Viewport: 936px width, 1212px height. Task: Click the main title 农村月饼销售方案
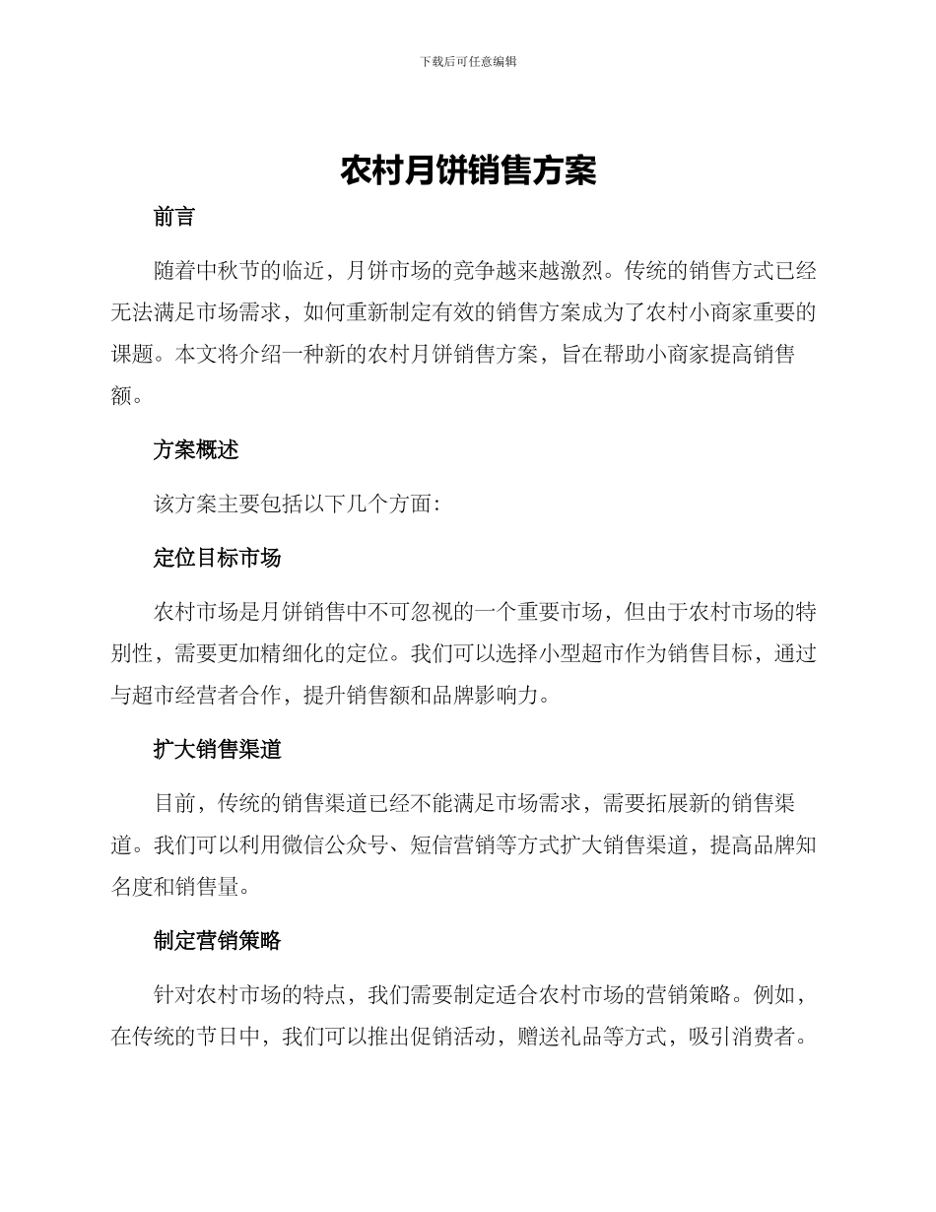coord(468,170)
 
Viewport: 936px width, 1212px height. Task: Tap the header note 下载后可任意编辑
coord(468,61)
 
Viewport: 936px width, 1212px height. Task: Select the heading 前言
coord(174,218)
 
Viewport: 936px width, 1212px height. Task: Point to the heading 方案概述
coord(196,450)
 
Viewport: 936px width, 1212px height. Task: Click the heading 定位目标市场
coord(217,558)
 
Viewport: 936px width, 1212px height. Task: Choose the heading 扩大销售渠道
coord(217,750)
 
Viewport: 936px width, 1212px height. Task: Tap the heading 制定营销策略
coord(217,941)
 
